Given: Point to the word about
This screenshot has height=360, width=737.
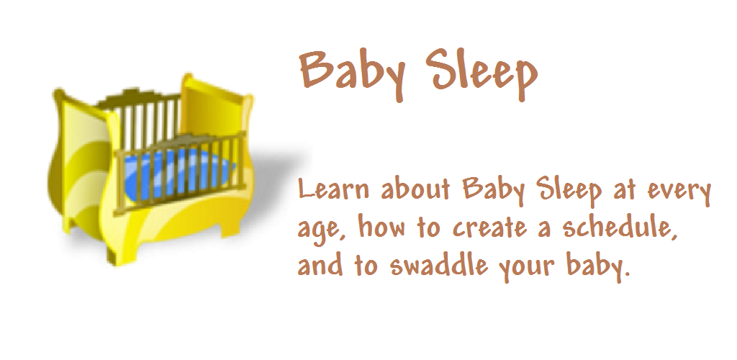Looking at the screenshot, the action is click(415, 189).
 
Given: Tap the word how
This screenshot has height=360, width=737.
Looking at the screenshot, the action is click(382, 226).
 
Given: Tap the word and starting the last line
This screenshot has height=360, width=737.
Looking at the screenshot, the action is click(320, 265).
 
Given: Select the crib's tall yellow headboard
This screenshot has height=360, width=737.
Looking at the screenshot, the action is click(216, 113).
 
